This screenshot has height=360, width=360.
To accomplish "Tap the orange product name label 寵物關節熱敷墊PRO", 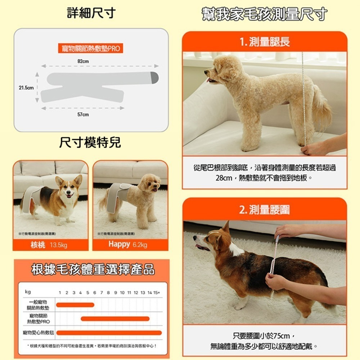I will [x=90, y=48].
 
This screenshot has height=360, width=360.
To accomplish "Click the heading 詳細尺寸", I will [x=91, y=14].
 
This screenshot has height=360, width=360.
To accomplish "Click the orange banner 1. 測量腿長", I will [x=265, y=42].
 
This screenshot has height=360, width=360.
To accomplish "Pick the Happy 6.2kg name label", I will [x=128, y=245].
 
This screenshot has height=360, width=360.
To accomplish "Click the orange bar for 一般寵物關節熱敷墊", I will [x=75, y=305].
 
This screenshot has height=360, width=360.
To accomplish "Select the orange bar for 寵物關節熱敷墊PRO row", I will [x=115, y=319].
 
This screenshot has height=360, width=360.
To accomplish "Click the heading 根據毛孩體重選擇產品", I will [x=93, y=269].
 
